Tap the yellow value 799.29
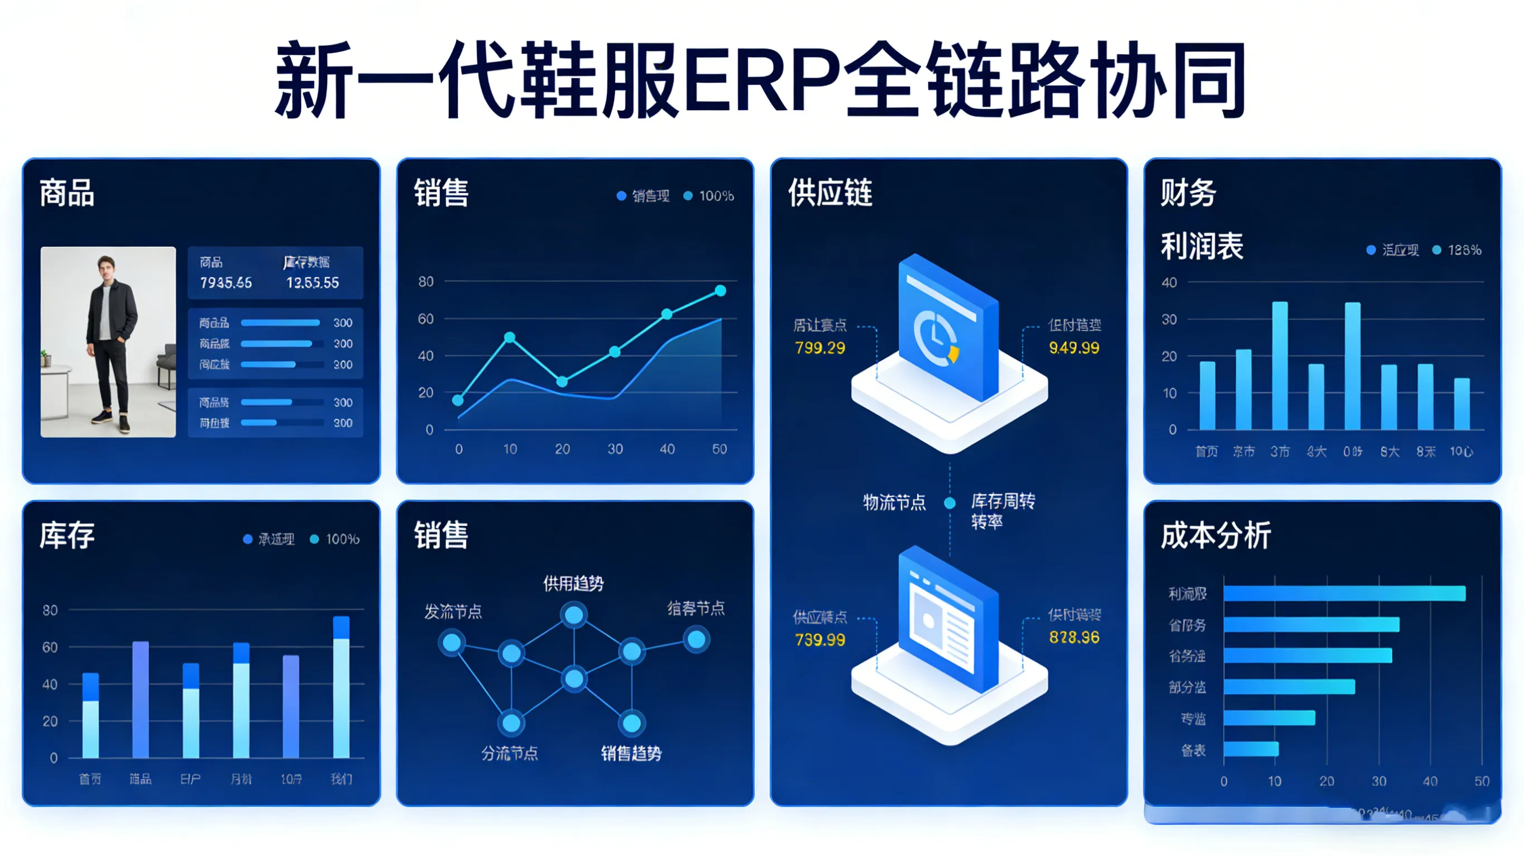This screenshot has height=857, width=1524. click(820, 348)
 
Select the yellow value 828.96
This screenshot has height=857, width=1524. click(1074, 638)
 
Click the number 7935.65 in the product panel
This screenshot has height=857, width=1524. click(226, 283)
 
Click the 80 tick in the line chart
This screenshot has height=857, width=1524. click(426, 282)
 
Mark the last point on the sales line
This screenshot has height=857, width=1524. click(720, 291)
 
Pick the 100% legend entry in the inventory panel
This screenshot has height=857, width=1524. click(336, 539)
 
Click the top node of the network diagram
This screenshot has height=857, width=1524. click(574, 615)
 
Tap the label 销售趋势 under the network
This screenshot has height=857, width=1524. click(631, 753)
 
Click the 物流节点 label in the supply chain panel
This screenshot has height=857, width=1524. click(894, 503)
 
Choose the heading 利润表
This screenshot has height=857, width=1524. click(1201, 246)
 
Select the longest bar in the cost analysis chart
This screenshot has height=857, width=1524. click(1344, 593)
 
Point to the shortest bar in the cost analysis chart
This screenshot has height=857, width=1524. click(1250, 749)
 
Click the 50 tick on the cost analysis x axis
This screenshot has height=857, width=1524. click(1482, 781)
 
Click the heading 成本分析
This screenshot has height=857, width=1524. click(1215, 535)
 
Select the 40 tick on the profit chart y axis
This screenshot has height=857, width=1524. click(1169, 283)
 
